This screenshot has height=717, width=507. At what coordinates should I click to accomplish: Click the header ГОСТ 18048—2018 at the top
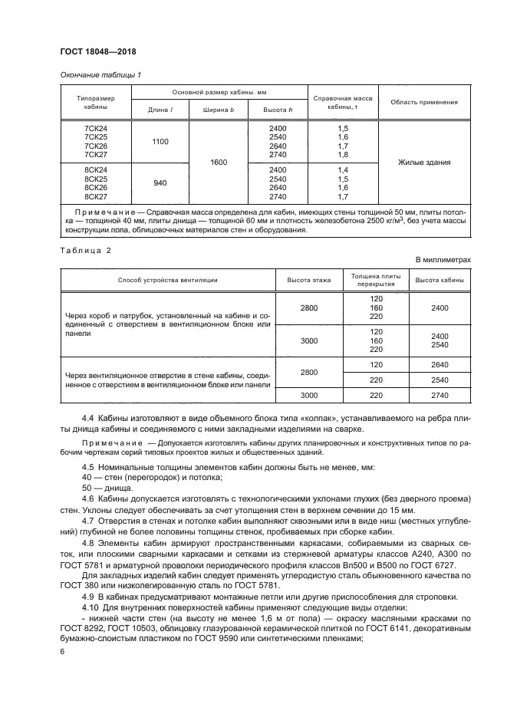pyautogui.click(x=97, y=52)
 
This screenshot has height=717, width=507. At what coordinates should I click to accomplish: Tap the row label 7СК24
pyautogui.click(x=96, y=127)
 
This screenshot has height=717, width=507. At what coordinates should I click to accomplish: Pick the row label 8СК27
pyautogui.click(x=96, y=197)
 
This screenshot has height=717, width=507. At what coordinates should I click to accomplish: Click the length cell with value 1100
pyautogui.click(x=160, y=141)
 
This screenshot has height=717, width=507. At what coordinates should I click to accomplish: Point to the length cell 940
pyautogui.click(x=160, y=183)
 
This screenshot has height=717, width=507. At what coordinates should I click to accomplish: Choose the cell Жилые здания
pyautogui.click(x=423, y=163)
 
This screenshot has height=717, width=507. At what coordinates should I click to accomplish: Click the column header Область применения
pyautogui.click(x=423, y=102)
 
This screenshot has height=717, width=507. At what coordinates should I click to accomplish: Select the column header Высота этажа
pyautogui.click(x=309, y=280)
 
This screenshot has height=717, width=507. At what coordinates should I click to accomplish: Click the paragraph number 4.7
pyautogui.click(x=88, y=521)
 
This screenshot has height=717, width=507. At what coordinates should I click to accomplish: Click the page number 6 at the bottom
pyautogui.click(x=62, y=651)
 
